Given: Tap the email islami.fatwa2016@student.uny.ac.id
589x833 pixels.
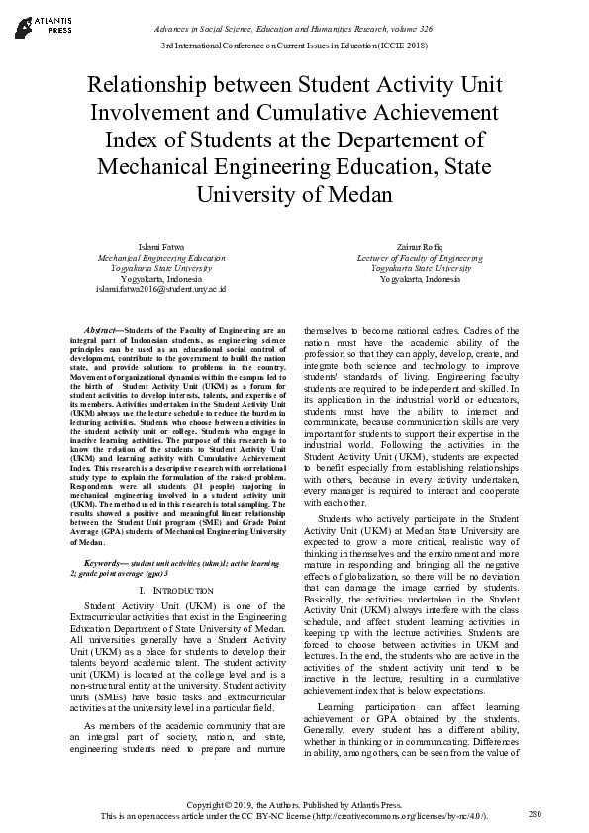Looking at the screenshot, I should (x=160, y=290).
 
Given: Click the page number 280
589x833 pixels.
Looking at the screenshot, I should (x=535, y=813).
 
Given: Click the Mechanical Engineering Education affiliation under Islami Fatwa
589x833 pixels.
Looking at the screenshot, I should (x=160, y=257).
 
